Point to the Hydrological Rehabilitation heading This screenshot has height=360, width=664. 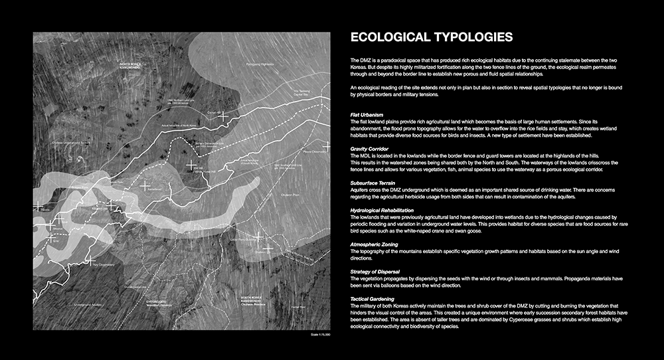click(386, 209)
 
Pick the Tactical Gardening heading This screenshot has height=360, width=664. click(375, 299)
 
